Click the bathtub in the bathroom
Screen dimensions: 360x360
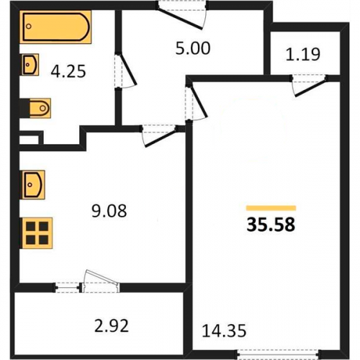point(55,27)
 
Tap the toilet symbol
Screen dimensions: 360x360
point(40,108)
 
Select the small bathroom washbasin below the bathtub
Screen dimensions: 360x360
point(30,65)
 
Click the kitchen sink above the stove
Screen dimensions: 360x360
point(33,184)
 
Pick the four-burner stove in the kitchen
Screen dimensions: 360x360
point(37,233)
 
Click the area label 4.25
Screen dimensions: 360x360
point(68,71)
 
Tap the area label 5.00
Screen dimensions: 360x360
point(193,48)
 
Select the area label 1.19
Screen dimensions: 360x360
point(303,54)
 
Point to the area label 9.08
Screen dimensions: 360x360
point(109,211)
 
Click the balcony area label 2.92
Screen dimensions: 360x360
point(112,325)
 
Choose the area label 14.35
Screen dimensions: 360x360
point(224,330)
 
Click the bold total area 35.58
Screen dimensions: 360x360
point(271,225)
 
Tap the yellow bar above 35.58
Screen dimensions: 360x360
point(271,208)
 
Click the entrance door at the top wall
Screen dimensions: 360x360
point(181,15)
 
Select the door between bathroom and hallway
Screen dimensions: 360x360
point(125,71)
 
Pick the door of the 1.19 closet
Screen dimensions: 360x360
point(310,86)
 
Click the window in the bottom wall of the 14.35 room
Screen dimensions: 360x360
point(279,354)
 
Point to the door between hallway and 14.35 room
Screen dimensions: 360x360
point(196,102)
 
